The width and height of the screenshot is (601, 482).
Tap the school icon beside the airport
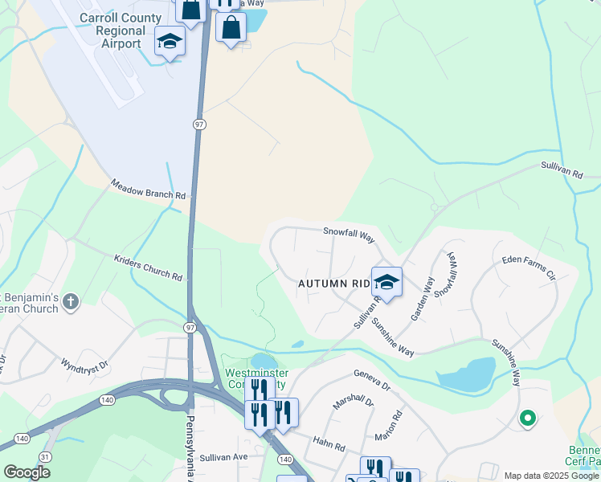click(x=170, y=41)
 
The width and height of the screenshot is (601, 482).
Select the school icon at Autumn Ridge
click(x=386, y=282)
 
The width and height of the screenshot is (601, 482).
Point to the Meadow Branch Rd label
click(x=149, y=190)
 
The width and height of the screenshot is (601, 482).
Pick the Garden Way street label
click(x=423, y=299)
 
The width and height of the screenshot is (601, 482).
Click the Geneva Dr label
click(x=372, y=379)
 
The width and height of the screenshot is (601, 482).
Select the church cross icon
click(x=71, y=302)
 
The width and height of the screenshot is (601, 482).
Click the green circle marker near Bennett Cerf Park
click(x=527, y=418)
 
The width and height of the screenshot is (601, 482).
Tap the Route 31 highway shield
click(x=45, y=457)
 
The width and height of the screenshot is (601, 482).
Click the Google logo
click(x=27, y=472)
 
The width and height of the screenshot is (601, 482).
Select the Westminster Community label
click(x=255, y=378)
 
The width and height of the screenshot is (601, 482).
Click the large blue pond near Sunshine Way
click(x=466, y=373)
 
